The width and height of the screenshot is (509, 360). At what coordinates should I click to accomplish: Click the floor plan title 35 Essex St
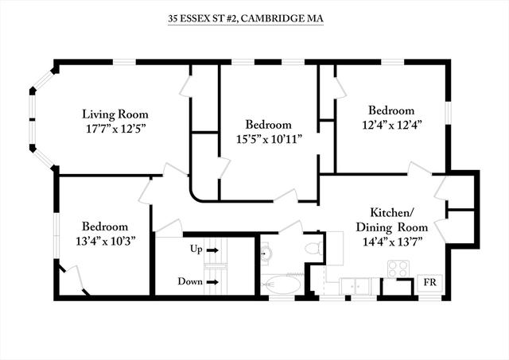click(246, 18)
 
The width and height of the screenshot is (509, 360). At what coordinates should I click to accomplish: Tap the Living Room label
click(115, 114)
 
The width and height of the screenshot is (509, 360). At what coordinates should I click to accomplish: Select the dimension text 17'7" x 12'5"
click(115, 129)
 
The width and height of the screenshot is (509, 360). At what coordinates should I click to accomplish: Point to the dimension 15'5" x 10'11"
click(269, 139)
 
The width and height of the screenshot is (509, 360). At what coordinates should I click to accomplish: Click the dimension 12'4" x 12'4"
click(392, 125)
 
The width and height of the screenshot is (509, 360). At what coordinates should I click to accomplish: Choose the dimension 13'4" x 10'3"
click(105, 241)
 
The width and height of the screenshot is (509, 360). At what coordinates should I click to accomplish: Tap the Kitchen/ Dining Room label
click(392, 220)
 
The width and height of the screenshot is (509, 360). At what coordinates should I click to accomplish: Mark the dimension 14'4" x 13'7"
click(392, 242)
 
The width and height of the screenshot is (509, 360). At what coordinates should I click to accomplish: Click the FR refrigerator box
click(429, 283)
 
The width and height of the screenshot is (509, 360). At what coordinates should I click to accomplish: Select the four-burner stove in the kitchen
click(398, 269)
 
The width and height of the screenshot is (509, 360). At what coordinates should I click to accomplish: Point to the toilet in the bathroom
click(314, 248)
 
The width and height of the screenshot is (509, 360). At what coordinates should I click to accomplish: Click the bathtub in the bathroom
click(282, 285)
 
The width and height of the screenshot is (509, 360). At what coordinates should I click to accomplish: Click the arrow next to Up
click(212, 250)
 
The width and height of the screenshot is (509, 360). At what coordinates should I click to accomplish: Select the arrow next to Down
click(212, 282)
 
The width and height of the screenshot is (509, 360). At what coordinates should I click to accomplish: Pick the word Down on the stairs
click(190, 281)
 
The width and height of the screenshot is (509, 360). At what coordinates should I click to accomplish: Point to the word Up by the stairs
click(196, 250)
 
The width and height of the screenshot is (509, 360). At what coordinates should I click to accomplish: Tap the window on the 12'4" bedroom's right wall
click(448, 113)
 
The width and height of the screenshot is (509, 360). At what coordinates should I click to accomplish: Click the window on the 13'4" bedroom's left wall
click(56, 235)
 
